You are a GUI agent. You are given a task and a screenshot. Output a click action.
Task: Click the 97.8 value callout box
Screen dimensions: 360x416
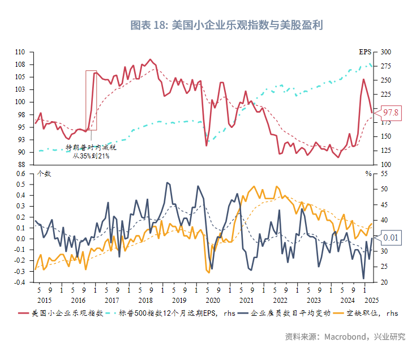click(391, 113)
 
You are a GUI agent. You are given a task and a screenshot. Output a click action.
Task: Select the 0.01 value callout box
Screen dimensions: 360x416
click(391, 238)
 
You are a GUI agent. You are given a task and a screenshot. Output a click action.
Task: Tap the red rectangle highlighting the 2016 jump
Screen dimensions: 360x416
click(91, 100)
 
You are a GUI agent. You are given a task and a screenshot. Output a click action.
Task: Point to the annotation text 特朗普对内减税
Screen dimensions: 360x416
click(91, 147)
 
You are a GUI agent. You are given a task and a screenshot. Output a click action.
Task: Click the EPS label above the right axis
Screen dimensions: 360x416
click(366, 52)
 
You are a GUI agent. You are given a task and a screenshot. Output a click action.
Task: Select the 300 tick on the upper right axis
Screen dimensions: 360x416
click(386, 52)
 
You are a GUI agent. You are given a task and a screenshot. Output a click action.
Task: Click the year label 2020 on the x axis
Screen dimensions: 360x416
click(212, 301)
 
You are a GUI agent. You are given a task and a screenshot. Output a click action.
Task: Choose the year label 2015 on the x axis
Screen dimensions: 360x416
click(45, 301)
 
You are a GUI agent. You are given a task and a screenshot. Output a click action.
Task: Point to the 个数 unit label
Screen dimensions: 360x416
click(44, 174)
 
